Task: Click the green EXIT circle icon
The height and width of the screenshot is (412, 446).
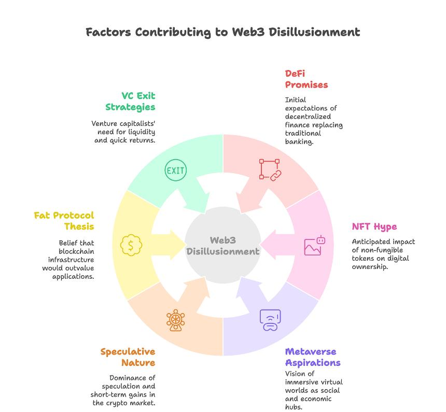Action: [176, 170]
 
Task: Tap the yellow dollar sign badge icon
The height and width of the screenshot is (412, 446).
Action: [131, 245]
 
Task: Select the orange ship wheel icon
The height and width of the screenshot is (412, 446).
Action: [175, 320]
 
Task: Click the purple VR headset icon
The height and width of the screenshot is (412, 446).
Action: [270, 320]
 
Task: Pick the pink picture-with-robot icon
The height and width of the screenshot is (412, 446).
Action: [315, 245]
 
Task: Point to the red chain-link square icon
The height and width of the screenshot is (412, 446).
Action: [270, 170]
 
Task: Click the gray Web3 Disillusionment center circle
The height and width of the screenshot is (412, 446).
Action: [223, 245]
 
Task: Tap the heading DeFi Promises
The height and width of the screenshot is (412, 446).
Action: [306, 79]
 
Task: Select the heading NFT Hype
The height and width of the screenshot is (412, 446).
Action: [374, 226]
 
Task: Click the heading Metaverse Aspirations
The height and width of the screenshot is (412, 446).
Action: [313, 357]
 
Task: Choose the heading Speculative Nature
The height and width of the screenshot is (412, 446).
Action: [128, 357]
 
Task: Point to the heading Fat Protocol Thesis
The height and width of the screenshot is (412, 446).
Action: [64, 221]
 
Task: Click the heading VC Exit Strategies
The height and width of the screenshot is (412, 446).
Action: [130, 102]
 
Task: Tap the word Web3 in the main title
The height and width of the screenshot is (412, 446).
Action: [248, 32]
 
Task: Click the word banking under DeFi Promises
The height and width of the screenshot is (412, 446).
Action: [299, 141]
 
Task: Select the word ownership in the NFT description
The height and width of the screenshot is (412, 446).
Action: [370, 267]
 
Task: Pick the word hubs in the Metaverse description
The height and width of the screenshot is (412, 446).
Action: [294, 407]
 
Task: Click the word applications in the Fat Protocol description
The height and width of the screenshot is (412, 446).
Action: [73, 276]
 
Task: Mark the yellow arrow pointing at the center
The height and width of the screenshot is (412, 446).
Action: [168, 245]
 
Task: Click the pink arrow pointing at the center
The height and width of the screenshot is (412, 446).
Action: [277, 245]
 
